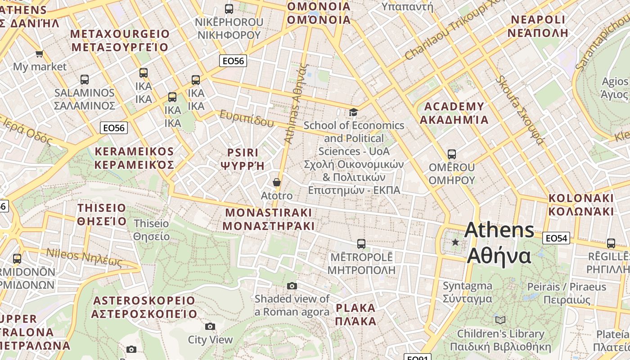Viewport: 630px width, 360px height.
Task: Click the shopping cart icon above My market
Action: (40, 54)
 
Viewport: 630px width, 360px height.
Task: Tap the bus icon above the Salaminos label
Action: (84, 80)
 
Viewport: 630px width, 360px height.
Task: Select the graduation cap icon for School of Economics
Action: (353, 112)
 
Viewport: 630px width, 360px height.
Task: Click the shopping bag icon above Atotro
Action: (277, 182)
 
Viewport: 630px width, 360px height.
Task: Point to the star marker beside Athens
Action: (455, 242)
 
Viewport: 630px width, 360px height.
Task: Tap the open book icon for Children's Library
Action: (500, 320)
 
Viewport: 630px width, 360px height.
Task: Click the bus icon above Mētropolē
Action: (361, 244)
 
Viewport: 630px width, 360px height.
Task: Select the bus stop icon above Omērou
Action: (452, 154)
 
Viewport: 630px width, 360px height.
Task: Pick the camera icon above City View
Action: (210, 326)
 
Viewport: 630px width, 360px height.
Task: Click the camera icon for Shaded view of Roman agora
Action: (292, 286)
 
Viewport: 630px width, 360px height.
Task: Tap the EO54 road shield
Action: (556, 238)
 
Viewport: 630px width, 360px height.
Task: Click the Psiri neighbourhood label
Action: (243, 159)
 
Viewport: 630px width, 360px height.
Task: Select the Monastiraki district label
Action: (269, 219)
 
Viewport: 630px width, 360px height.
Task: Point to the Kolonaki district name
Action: (581, 205)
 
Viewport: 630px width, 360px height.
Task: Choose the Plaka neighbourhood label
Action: (356, 315)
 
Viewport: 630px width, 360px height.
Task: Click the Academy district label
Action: (454, 113)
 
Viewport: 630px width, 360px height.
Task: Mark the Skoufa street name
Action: (520, 110)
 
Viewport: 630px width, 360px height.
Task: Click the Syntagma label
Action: (467, 292)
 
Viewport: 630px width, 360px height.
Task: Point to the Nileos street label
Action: (84, 257)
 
